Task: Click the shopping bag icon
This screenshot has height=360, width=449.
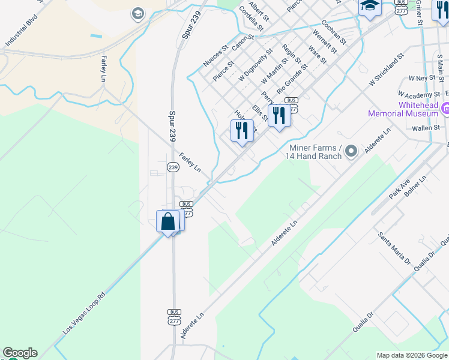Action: [168, 221]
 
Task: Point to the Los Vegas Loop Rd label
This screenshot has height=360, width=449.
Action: [85, 314]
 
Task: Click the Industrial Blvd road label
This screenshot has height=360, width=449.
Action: [21, 37]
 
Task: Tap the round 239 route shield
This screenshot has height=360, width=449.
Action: [173, 167]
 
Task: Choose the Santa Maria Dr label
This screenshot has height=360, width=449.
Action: [394, 248]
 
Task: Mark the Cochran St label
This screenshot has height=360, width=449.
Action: [333, 32]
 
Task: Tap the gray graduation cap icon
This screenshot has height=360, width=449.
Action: [137, 13]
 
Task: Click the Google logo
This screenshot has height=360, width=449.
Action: [20, 353]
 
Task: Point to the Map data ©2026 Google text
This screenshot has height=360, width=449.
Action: [412, 355]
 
